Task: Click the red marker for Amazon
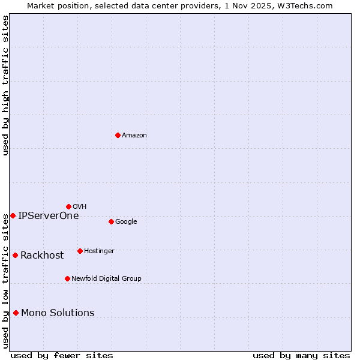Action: [x=118, y=135]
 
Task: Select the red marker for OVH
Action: [x=68, y=206]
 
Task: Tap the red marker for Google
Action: [x=111, y=221]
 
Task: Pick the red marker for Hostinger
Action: [x=80, y=251]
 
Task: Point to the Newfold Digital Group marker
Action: [x=67, y=278]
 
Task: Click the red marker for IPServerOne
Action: [x=13, y=215]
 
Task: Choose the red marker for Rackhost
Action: [x=15, y=255]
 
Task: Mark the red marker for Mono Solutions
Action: [x=16, y=313]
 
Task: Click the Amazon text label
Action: [x=134, y=136]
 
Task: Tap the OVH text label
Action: [x=80, y=207]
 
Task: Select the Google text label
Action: [x=126, y=222]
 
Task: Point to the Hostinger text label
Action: [x=99, y=251]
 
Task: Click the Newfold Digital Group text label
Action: [x=106, y=279]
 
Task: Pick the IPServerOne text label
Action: [x=48, y=216]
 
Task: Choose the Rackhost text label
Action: [x=42, y=256]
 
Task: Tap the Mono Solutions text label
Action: [x=58, y=313]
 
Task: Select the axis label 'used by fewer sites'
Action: [x=62, y=355]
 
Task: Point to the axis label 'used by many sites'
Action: [x=301, y=355]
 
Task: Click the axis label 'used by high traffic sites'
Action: [x=6, y=85]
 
